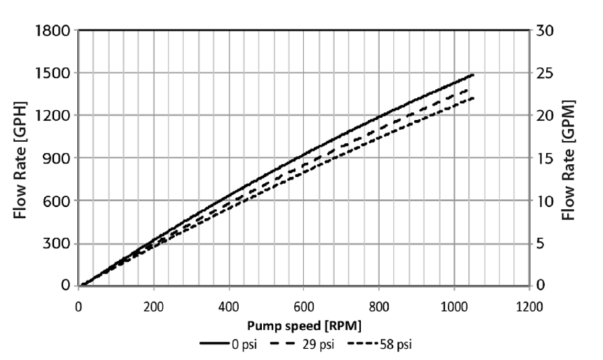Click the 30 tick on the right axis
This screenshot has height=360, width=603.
point(545,30)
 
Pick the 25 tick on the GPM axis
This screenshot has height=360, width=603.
point(545,73)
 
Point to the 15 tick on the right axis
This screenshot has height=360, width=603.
point(545,158)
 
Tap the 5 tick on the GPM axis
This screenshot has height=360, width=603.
point(541,244)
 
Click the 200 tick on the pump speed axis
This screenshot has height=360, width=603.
point(153,307)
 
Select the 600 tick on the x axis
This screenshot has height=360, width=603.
point(303,307)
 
